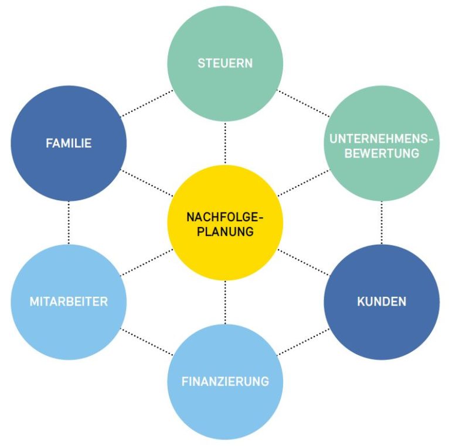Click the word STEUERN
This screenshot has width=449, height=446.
click(225, 63)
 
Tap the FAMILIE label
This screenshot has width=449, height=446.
click(69, 143)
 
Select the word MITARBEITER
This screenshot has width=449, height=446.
click(69, 302)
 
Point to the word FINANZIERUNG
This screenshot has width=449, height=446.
click(225, 382)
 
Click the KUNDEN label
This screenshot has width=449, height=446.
click(382, 302)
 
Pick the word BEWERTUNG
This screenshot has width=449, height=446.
click(382, 153)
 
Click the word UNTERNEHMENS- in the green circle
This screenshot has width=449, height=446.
click(382, 139)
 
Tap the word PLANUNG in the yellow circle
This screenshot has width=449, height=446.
click(225, 231)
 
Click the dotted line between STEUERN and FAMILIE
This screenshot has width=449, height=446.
click(147, 103)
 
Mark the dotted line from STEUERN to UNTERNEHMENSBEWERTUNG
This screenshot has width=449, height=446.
click(303, 103)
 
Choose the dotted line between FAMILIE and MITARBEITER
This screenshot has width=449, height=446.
click(69, 222)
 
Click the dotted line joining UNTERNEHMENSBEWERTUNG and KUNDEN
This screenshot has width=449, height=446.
click(382, 222)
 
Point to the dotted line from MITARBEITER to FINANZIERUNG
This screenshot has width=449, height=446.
click(147, 342)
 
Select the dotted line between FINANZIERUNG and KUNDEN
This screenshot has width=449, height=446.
click(303, 342)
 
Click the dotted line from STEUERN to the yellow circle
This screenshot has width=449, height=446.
click(225, 143)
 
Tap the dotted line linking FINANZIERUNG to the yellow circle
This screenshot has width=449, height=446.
click(225, 302)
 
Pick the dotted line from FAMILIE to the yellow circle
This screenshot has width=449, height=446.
click(147, 183)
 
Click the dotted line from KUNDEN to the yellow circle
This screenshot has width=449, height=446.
click(303, 262)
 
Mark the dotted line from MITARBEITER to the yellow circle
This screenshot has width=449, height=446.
click(147, 262)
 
